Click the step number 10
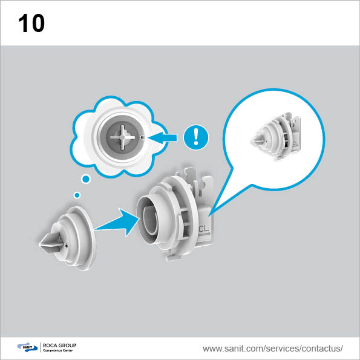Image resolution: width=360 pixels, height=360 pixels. [x=31, y=23]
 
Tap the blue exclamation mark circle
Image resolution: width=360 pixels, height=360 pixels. [x=196, y=137]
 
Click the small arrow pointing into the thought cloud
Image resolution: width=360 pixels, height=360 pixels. [x=162, y=138]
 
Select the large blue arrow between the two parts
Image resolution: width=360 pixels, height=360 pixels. [x=117, y=222]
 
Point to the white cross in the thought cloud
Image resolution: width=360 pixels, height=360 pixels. [x=122, y=137]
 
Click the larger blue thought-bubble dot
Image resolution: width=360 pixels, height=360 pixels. [x=86, y=179]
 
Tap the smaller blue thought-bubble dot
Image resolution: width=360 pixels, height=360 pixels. [x=77, y=195]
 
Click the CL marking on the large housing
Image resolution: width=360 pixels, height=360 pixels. [x=204, y=229]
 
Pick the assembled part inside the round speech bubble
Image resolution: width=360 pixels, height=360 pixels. [x=277, y=136]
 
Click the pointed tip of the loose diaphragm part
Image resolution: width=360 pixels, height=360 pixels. [x=40, y=244]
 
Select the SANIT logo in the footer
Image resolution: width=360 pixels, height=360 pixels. [x=27, y=347]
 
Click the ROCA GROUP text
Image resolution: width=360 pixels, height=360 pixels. [x=59, y=345]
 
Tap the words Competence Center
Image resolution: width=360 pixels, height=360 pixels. [x=58, y=350]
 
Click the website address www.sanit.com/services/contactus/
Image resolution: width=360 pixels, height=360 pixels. [x=273, y=349]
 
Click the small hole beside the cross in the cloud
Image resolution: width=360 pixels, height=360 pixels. [x=142, y=137]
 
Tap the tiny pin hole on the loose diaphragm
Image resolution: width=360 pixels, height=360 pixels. [x=66, y=245]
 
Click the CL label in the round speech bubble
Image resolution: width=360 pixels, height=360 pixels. [x=295, y=143]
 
